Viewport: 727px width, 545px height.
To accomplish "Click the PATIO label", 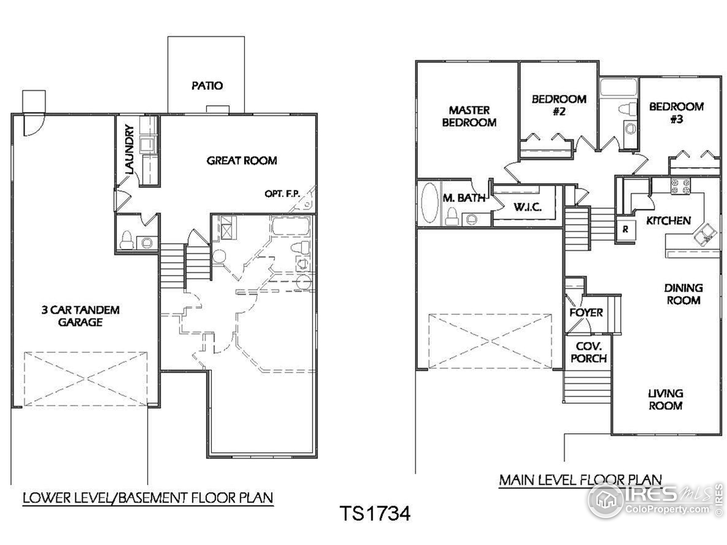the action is click(x=207, y=86).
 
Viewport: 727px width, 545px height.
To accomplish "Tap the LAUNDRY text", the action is click(x=129, y=150).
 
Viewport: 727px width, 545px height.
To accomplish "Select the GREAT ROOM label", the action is click(x=242, y=161).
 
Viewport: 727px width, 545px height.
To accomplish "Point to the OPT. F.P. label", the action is click(x=282, y=194).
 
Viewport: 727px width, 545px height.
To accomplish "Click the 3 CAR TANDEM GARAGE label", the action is click(x=81, y=316).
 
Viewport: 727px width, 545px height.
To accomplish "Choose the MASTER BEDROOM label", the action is click(x=469, y=116).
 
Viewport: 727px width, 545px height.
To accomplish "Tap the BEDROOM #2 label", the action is click(x=559, y=105).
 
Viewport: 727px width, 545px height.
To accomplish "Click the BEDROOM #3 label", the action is click(x=676, y=112).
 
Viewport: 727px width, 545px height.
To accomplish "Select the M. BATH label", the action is click(x=464, y=198).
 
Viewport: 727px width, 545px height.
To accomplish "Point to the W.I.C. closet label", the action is click(x=528, y=207).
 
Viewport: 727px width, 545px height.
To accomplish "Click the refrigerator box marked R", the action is click(x=625, y=229).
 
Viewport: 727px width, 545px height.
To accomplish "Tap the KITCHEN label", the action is click(x=668, y=221).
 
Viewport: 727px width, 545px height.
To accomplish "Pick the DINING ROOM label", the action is click(x=683, y=294).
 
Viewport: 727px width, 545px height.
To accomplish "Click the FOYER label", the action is click(x=586, y=313).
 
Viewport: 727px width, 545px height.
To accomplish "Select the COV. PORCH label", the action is click(x=589, y=352).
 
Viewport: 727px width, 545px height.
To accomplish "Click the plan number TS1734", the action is click(x=375, y=513).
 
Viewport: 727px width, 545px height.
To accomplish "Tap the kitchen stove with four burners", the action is click(x=680, y=186).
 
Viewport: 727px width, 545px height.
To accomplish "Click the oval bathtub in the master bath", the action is click(x=430, y=203).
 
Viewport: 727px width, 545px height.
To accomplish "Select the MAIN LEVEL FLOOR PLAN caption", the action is click(x=580, y=480).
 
